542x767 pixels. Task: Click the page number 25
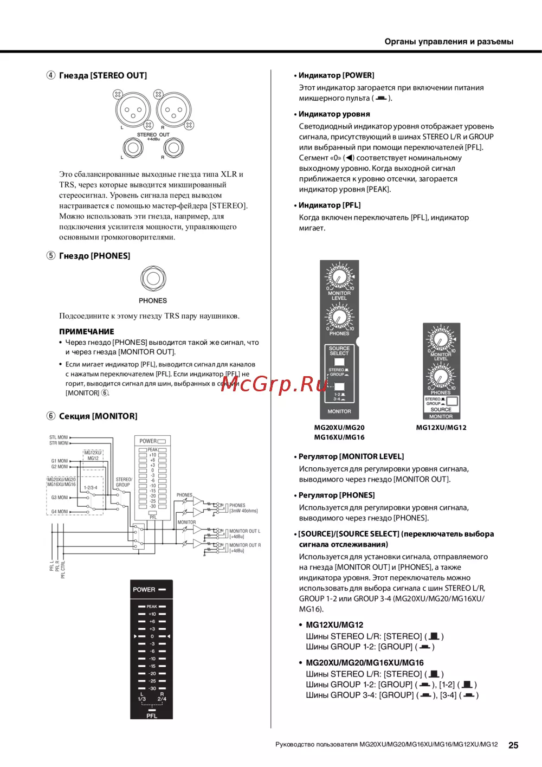point(513,745)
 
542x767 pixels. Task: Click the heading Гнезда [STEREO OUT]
point(102,75)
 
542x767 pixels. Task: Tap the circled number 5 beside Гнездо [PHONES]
point(51,255)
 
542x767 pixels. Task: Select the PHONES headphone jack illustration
point(153,279)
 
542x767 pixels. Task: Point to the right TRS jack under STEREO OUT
point(173,147)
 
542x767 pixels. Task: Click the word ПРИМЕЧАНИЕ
point(87,331)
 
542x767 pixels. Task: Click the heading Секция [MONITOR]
point(98,416)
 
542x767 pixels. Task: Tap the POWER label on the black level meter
point(144,589)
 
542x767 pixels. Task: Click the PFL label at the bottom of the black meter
point(152,716)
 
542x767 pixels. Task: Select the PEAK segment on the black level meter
point(152,607)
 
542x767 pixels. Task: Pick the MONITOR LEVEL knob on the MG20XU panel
point(339,276)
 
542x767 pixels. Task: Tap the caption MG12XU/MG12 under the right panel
point(441,427)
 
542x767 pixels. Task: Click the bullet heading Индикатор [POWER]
point(336,75)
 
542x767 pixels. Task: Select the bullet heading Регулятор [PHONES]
point(337,495)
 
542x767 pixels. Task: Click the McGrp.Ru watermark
point(275,384)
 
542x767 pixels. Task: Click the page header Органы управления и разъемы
point(449,41)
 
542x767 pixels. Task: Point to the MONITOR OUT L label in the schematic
point(244,531)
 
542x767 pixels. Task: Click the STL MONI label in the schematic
point(59,437)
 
